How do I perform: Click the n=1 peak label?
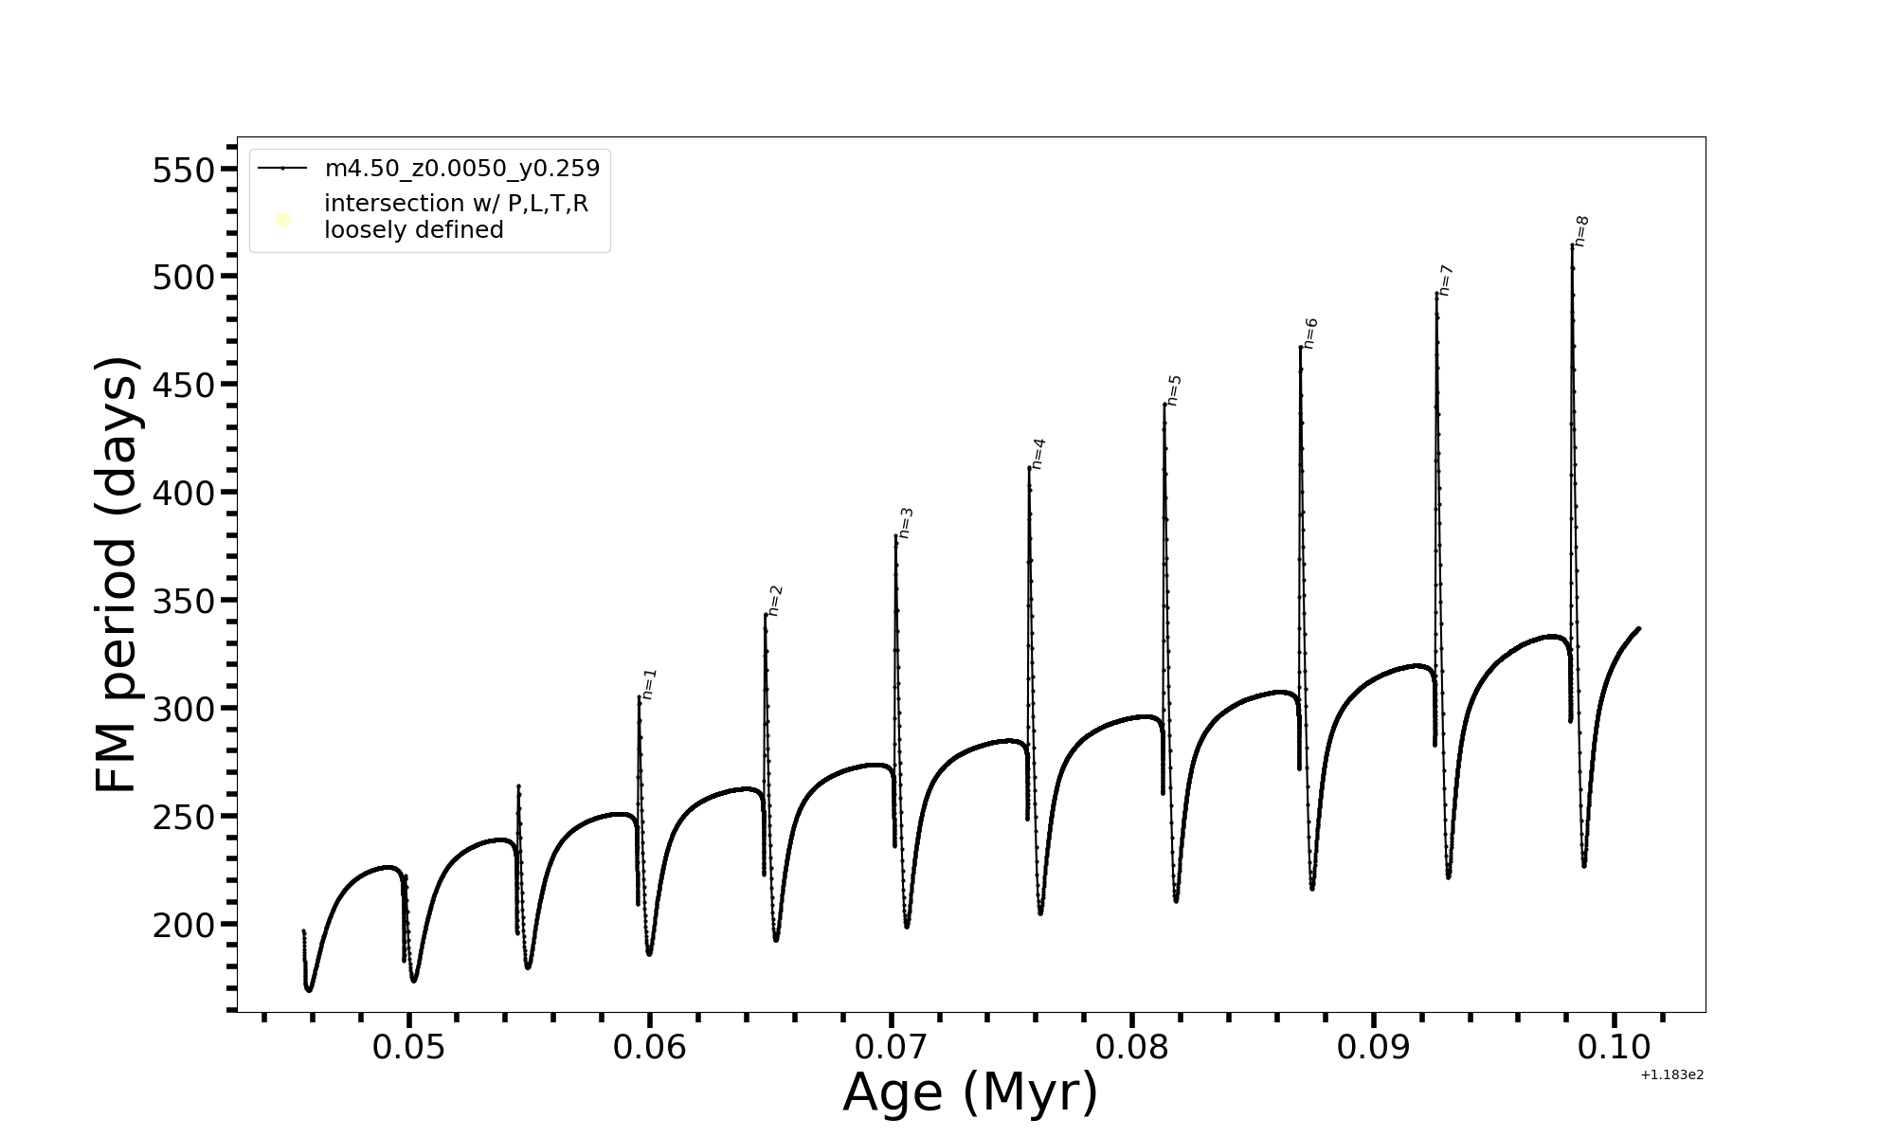649,684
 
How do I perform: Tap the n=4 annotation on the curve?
1038,453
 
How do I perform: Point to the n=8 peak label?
1581,231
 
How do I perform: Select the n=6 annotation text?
1310,334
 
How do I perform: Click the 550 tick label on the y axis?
184,171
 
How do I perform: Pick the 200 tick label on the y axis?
184,926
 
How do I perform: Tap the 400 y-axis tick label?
184,494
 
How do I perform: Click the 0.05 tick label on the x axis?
408,1048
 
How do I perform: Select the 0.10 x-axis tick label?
1614,1048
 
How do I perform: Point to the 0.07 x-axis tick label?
891,1048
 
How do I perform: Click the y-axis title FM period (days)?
117,574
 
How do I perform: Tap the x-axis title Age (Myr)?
970,1092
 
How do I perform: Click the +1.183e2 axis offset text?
1671,1075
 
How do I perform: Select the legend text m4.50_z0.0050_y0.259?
462,169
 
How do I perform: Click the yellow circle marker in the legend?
282,220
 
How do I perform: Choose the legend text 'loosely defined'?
413,230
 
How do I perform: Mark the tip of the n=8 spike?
1572,245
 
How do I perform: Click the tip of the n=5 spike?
1164,405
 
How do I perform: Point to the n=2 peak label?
775,601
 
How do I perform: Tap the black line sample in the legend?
282,169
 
